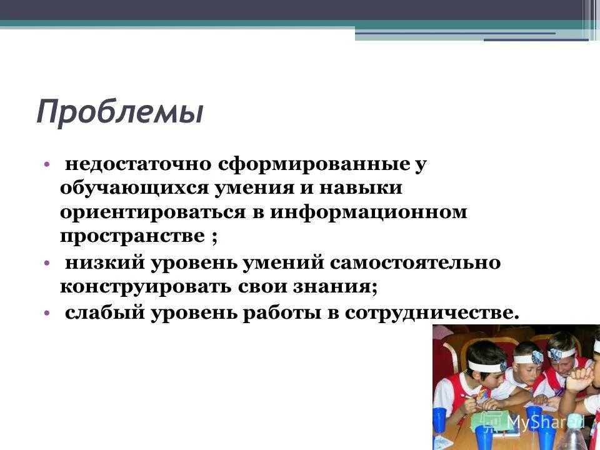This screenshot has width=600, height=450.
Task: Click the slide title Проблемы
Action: coord(119,112)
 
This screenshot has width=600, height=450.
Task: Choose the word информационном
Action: coord(369,212)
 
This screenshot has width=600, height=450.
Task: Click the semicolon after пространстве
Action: coord(214,237)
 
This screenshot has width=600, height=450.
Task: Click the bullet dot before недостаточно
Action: coord(47,165)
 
